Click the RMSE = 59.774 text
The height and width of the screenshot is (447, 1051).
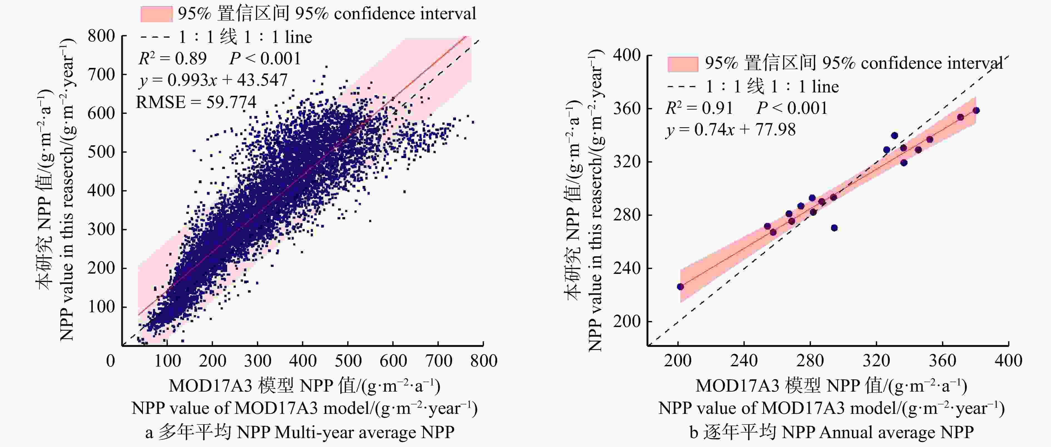pos(196,102)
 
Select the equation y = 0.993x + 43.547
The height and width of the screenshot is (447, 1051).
pos(213,80)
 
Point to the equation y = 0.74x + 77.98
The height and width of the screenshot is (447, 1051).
pos(730,130)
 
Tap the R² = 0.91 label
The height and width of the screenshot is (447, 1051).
pos(699,108)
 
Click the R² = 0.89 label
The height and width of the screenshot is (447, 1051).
pos(172,59)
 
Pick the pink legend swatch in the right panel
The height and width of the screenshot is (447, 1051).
pos(683,64)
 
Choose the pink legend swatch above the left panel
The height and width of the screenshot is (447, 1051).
pos(156,14)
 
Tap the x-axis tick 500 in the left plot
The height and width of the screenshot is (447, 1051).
pos(348,361)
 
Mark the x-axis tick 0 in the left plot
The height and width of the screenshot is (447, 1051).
pos(111,361)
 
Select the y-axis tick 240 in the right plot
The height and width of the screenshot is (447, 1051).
pos(627,268)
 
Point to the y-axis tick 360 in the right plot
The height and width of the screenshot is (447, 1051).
pos(627,109)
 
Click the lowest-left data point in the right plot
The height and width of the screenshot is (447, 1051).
pos(680,287)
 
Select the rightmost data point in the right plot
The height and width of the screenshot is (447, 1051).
pos(976,110)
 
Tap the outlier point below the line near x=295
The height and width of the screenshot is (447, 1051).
pos(834,228)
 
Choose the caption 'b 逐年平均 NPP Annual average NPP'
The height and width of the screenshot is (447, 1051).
pos(832,432)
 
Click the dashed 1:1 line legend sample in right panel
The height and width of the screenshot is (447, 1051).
pos(681,87)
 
